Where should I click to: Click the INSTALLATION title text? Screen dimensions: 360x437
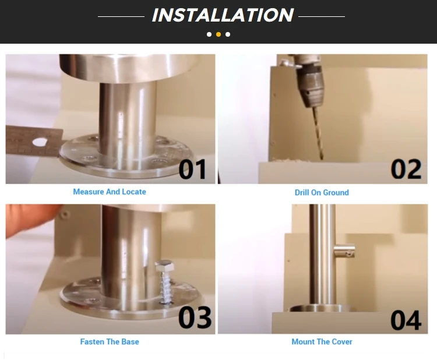pos(222,15)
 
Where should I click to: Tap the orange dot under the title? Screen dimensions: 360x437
pos(218,34)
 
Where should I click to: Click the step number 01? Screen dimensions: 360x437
pos(192,170)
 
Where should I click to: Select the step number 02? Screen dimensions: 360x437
pos(406,170)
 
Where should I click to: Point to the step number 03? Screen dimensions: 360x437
pos(194,318)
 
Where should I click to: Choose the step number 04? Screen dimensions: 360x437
pos(406,320)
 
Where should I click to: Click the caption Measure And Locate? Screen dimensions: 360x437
pos(110,192)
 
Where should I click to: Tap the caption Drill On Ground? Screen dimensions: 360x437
pos(322,192)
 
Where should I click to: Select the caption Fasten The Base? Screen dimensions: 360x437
pos(110,341)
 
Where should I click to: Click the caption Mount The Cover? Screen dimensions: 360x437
pos(322,341)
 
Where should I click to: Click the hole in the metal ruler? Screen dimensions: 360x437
pos(39,142)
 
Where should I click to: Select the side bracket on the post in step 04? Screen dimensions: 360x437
pos(343,252)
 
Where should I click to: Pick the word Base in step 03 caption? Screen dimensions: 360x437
pos(129,341)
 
